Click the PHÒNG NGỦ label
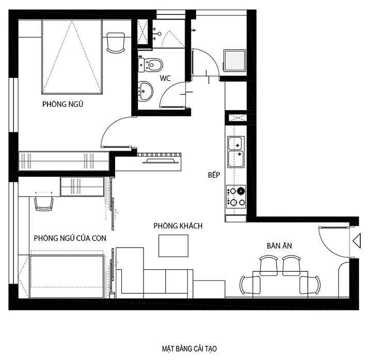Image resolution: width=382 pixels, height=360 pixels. click(x=62, y=104)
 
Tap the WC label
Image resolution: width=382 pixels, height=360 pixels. click(x=165, y=78)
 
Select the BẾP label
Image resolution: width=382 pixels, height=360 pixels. click(x=214, y=174)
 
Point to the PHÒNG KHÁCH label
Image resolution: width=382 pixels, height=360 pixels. click(x=178, y=225)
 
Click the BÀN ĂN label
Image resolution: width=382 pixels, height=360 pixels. click(x=279, y=246)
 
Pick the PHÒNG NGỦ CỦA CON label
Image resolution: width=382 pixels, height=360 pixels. click(x=70, y=238)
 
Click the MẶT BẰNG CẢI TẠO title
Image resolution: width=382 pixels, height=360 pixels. click(x=189, y=349)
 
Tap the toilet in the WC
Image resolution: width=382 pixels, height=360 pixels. click(x=152, y=65)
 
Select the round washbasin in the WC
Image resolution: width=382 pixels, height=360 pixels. click(x=145, y=91)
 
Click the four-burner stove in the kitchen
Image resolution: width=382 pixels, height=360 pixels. click(x=236, y=197)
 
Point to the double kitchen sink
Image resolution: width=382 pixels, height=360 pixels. click(x=235, y=152)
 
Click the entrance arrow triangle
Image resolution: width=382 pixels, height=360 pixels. click(x=357, y=241)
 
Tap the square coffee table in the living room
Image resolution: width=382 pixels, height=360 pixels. click(x=173, y=246)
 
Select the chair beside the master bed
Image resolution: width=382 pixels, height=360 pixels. click(x=116, y=43)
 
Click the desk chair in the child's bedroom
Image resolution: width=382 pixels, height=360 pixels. click(x=44, y=201)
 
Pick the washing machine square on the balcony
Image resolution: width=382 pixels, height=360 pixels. click(x=234, y=61)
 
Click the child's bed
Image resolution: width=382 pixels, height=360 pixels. click(x=67, y=276)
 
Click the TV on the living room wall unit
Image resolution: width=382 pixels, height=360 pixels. click(x=161, y=161)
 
